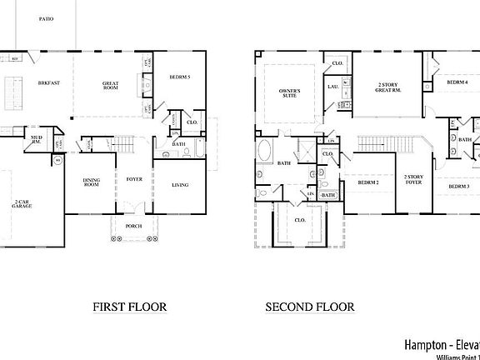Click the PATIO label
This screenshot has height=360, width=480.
[45, 18]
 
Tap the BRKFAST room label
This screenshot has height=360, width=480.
[47, 83]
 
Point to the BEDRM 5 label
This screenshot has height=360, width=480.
[179, 77]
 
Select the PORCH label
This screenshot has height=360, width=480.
[132, 226]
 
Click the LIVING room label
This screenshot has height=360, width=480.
[180, 185]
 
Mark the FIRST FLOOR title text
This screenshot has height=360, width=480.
[130, 307]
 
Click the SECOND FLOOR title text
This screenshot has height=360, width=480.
[309, 307]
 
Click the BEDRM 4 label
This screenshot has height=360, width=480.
[457, 82]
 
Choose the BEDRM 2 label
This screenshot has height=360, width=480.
[368, 182]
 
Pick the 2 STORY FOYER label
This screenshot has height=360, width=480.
[414, 180]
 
